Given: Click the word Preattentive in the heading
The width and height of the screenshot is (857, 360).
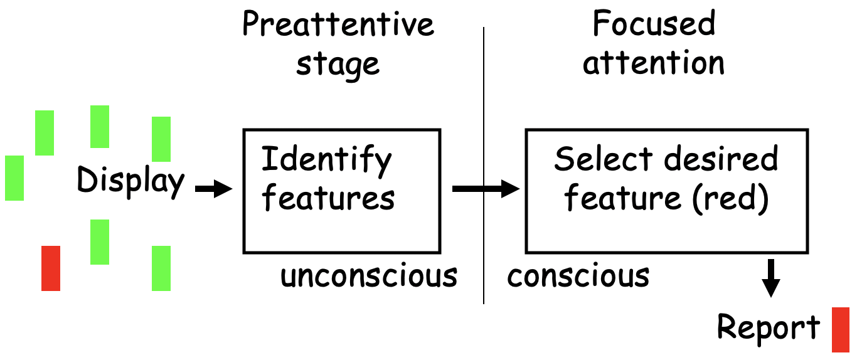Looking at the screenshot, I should [338, 25].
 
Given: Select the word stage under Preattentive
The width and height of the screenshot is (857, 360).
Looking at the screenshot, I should [338, 64].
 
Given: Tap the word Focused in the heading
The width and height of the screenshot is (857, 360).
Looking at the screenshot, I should [653, 25].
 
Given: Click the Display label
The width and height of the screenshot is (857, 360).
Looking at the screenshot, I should [130, 181].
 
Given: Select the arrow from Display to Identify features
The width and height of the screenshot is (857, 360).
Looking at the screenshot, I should [214, 188].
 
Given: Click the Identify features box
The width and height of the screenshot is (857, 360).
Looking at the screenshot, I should [341, 191].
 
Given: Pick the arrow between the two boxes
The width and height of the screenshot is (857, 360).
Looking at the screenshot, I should [486, 188].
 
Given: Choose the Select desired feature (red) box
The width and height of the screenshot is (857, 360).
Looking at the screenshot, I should [666, 191].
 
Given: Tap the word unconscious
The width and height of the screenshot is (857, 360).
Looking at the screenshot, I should [369, 275].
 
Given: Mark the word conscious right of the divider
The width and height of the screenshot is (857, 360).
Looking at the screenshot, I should [578, 275].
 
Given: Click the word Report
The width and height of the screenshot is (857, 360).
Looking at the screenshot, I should [768, 327].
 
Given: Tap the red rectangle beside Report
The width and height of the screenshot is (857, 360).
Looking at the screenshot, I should [841, 329].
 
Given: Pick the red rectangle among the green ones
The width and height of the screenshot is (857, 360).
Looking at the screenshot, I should [51, 268].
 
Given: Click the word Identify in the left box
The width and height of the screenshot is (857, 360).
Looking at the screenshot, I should [326, 160].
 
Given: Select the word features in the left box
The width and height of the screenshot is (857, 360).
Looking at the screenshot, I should [328, 198].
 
